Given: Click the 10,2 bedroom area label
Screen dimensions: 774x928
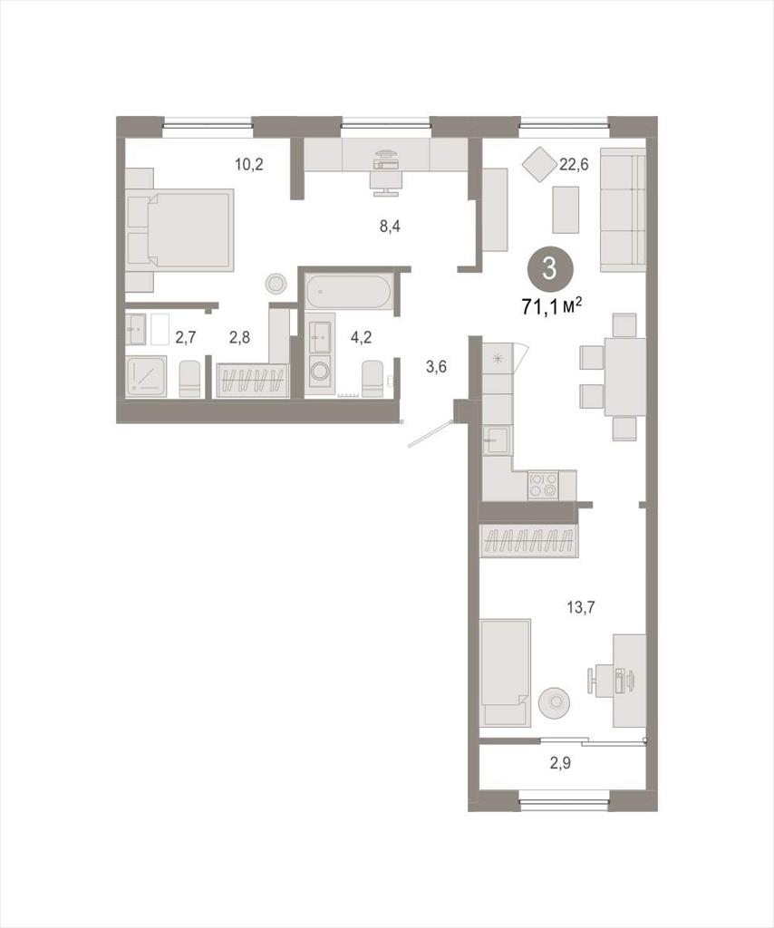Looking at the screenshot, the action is pos(248,165).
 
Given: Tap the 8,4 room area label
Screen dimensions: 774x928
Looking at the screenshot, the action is pos(390,226).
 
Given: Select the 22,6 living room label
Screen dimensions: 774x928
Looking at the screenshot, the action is pos(574,165).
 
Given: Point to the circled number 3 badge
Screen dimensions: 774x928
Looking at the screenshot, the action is pos(550,269).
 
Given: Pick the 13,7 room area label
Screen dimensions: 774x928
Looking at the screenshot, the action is pos(581,606).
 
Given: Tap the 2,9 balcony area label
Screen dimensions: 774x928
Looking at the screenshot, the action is pos(560,763).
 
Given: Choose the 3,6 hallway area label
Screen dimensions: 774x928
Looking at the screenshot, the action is pos(436,367).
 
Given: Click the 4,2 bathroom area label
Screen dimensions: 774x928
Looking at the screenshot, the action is pos(361,337).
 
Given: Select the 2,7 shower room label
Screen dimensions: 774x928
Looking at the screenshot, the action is pos(185,337).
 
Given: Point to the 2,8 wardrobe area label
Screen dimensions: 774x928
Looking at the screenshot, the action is pos(239,337).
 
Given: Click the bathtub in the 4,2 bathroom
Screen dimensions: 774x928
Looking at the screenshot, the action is pos(348,292).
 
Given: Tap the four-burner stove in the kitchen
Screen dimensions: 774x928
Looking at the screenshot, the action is pos(543,484).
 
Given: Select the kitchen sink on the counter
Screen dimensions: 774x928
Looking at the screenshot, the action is pos(496,440).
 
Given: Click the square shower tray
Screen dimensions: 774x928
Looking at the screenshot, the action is pos(146,376).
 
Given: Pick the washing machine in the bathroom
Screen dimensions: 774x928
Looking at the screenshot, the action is pos(321,372).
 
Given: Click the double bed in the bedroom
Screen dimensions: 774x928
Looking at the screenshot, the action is pos(179,230).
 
